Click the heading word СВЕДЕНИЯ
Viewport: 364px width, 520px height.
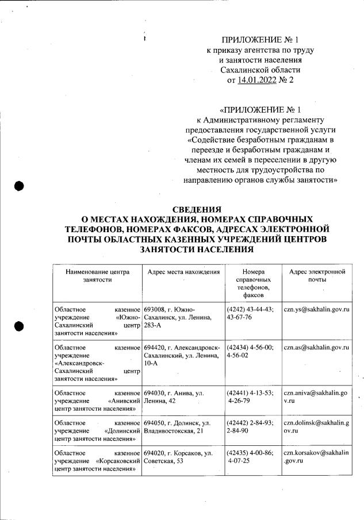pos(197,209)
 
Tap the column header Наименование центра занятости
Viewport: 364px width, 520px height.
pos(97,275)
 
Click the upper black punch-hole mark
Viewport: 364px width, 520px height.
pos(19,186)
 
